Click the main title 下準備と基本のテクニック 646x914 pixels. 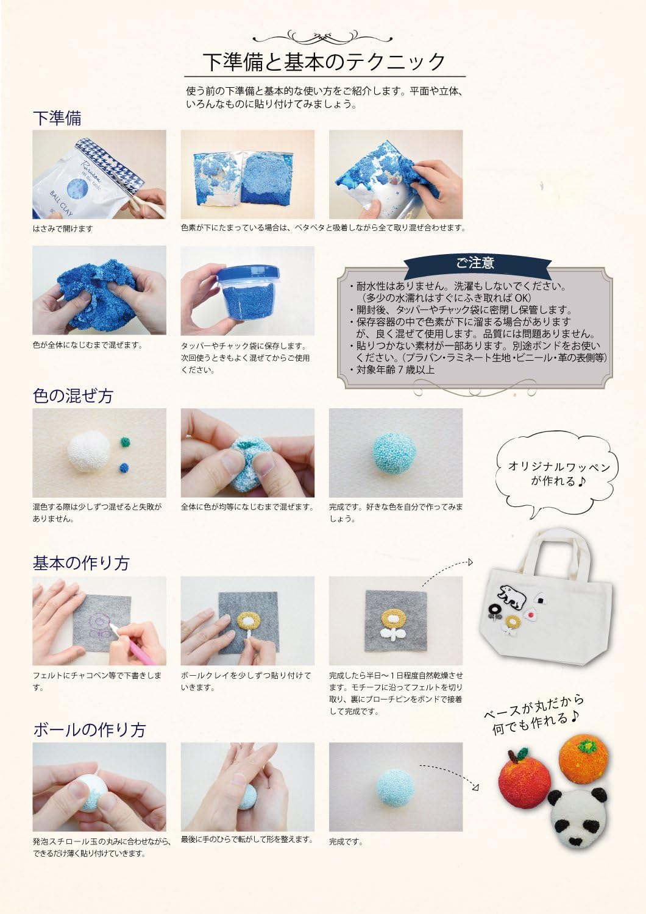pyautogui.click(x=324, y=62)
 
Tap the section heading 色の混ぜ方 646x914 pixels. pyautogui.click(x=73, y=395)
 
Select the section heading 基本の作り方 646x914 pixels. pyautogui.click(x=80, y=563)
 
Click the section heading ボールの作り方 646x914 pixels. pyautogui.click(x=89, y=729)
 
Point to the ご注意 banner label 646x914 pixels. pyautogui.click(x=475, y=263)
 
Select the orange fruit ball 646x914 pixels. pyautogui.click(x=584, y=760)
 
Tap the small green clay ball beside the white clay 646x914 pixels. pyautogui.click(x=127, y=441)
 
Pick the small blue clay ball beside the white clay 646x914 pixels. pyautogui.click(x=124, y=469)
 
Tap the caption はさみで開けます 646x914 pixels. pyautogui.click(x=63, y=228)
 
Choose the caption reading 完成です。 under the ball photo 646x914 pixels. pyautogui.click(x=346, y=842)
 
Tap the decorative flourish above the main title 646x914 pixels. pyautogui.click(x=324, y=34)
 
